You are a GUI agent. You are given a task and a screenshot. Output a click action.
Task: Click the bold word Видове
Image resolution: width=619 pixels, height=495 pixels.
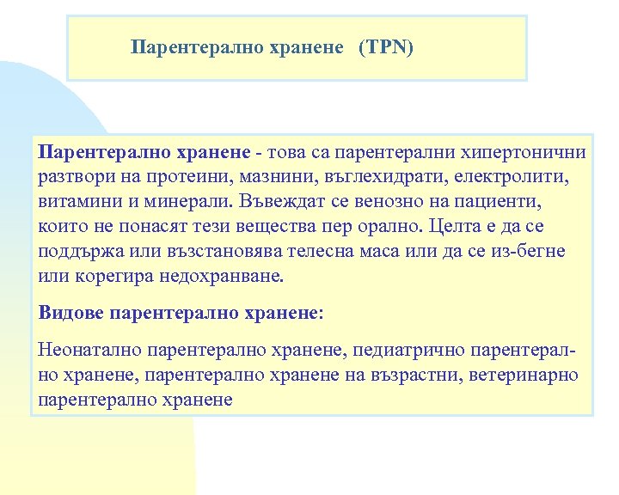pos(72,313)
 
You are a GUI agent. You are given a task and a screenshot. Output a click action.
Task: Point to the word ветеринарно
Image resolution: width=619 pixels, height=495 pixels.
pos(524,375)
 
